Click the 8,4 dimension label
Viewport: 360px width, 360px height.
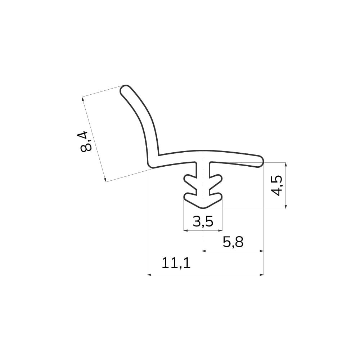tap(86, 141)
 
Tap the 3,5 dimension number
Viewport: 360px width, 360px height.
tap(203, 221)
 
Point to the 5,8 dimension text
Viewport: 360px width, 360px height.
tap(233, 242)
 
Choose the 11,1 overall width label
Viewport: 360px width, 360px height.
tap(176, 263)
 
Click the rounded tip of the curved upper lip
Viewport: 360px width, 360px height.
tap(125, 90)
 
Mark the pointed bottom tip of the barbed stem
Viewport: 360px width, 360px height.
tap(203, 208)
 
